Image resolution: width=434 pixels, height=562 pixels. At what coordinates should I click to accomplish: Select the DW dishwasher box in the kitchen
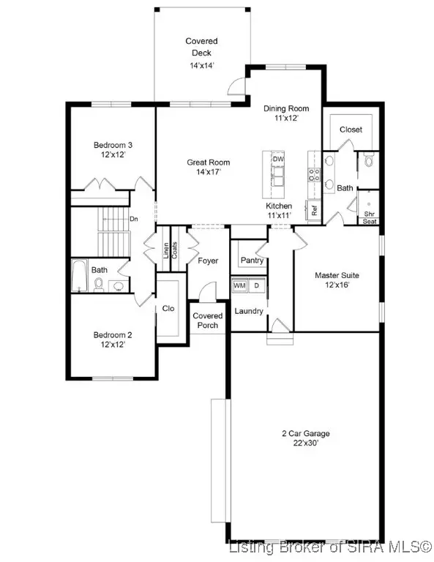click(278, 160)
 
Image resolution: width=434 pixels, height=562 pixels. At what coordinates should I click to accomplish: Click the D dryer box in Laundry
click(257, 285)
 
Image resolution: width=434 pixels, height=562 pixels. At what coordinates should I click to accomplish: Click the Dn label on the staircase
click(133, 218)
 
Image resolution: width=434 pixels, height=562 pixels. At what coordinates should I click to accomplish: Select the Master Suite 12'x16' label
click(337, 280)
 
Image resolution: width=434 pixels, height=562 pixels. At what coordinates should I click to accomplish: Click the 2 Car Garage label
click(305, 438)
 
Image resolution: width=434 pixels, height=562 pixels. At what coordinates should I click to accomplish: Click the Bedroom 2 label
click(112, 340)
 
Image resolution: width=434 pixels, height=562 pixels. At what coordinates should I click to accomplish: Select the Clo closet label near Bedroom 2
click(168, 309)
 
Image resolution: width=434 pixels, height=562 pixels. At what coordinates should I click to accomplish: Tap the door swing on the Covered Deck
click(236, 86)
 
